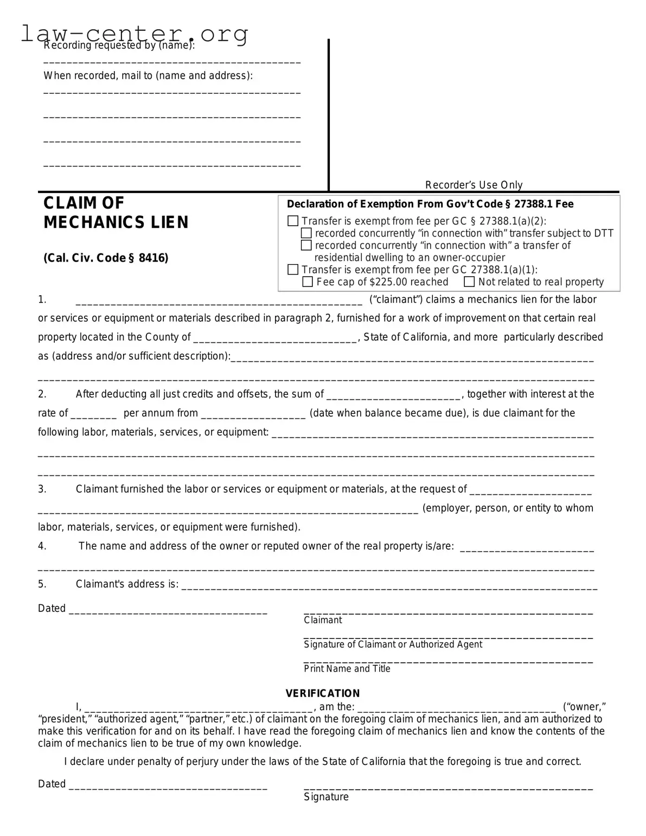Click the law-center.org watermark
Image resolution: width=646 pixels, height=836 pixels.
pyautogui.click(x=135, y=34)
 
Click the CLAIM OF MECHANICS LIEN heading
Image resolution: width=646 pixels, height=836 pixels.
pyautogui.click(x=116, y=213)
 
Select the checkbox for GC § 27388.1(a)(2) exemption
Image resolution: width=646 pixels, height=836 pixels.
pyautogui.click(x=293, y=221)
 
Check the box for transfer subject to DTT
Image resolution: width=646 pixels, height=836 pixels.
pyautogui.click(x=306, y=233)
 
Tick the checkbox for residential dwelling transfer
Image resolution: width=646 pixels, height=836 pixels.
pyautogui.click(x=306, y=245)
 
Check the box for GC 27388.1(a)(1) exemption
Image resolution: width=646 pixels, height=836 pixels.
pyautogui.click(x=293, y=270)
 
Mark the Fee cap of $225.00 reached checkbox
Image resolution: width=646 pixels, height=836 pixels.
pyautogui.click(x=308, y=282)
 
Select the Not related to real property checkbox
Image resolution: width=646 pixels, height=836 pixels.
pyautogui.click(x=469, y=282)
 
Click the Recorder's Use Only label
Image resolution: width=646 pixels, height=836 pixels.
pyautogui.click(x=474, y=185)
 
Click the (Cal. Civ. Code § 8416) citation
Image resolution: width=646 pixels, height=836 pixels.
pyautogui.click(x=106, y=258)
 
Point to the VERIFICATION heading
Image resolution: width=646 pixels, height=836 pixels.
pyautogui.click(x=323, y=693)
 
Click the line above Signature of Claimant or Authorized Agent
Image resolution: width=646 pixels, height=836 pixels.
pyautogui.click(x=448, y=636)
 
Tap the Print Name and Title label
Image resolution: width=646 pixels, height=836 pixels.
pyautogui.click(x=347, y=668)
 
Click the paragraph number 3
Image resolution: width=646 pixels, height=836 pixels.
pyautogui.click(x=42, y=489)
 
